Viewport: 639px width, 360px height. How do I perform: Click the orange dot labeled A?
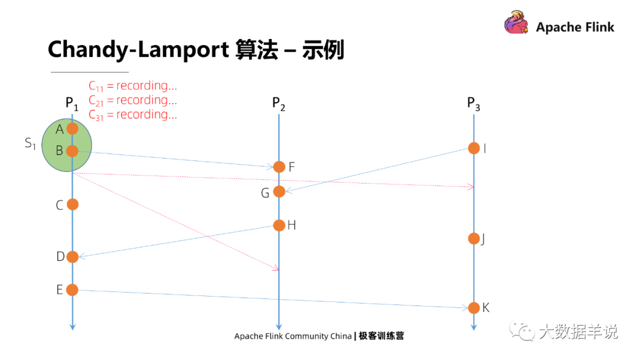click(x=72, y=128)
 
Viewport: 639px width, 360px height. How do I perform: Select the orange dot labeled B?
click(x=72, y=151)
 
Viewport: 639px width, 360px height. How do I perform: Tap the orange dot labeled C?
click(x=72, y=204)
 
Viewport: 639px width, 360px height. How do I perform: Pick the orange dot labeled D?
click(x=72, y=256)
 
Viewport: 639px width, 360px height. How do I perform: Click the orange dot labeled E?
click(x=72, y=290)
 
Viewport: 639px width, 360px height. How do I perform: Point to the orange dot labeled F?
click(x=279, y=167)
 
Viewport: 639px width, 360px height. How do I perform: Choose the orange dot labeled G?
click(x=279, y=191)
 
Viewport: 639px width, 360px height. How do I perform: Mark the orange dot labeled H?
click(x=279, y=225)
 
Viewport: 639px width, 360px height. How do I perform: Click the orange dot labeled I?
click(x=474, y=148)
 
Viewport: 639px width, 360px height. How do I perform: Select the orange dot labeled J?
click(x=474, y=239)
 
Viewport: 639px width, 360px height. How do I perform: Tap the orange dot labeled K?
click(x=474, y=308)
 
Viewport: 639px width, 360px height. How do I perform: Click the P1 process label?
click(x=72, y=103)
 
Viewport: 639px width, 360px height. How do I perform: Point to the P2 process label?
click(x=279, y=103)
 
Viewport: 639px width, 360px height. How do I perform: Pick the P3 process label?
click(x=473, y=103)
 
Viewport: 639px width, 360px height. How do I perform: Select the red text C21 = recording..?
click(x=133, y=101)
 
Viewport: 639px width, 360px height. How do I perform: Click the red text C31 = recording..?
click(x=133, y=115)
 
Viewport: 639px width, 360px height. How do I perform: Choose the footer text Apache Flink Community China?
click(x=292, y=336)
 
